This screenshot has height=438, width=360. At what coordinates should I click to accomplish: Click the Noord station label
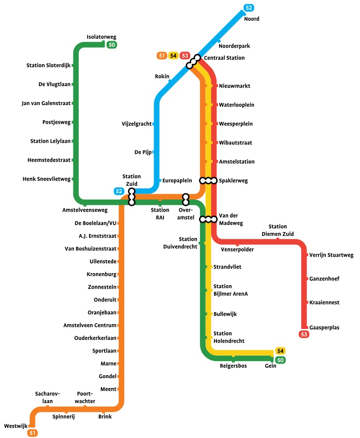point(252,19)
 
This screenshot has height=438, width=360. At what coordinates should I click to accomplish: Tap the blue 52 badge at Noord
point(249,8)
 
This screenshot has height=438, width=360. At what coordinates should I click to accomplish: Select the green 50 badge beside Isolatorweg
point(111,45)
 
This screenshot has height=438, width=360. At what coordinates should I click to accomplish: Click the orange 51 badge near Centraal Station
point(162,55)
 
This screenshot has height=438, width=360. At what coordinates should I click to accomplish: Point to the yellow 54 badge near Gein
point(280,351)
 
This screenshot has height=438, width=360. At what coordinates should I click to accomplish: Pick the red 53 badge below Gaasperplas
point(304,334)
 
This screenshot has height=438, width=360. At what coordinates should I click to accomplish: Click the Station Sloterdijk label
point(48,65)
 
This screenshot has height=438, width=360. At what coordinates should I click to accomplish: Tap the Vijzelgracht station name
point(136,124)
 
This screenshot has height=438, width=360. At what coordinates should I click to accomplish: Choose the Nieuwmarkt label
point(234,86)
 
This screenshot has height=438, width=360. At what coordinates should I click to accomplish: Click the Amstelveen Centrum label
point(90,325)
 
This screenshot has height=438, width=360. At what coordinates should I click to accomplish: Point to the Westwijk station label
point(15,426)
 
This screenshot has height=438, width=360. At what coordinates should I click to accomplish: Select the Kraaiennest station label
point(324,303)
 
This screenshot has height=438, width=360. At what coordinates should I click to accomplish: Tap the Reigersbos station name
point(233,366)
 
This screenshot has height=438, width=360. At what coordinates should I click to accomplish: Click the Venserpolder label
point(237,250)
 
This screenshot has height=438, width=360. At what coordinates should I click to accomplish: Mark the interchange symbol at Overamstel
point(185,199)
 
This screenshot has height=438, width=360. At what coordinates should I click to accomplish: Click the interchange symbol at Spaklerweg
point(208,181)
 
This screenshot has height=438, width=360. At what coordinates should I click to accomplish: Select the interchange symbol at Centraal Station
point(195,60)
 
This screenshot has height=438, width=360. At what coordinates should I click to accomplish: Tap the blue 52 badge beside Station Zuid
point(119,191)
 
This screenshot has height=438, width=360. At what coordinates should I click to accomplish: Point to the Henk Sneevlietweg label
point(47,179)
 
